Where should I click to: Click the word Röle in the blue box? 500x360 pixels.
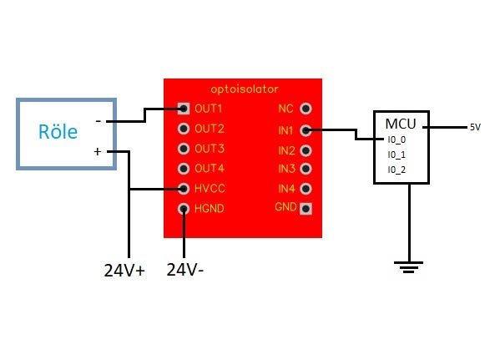pos(58,131)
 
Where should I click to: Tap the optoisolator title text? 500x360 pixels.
pos(245,89)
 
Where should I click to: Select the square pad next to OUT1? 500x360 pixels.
pos(184,109)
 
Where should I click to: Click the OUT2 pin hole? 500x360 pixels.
pos(184,129)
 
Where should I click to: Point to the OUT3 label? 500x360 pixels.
pos(210,149)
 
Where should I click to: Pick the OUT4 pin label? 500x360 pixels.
pos(210,169)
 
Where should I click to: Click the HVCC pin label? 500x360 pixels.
pos(210,189)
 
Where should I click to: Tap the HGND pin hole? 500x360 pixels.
pos(184,209)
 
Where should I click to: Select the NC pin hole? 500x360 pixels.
pos(306,109)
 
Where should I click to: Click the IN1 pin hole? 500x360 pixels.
pos(306,130)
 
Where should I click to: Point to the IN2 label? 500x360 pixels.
pos(286,150)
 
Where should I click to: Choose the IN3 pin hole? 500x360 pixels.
pos(306,169)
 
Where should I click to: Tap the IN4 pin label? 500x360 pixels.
pos(286,189)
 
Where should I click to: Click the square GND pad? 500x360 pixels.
pos(306,209)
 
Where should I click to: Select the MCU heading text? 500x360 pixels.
pos(401,124)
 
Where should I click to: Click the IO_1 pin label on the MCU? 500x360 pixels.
pos(396,155)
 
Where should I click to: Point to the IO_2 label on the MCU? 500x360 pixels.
pos(396,170)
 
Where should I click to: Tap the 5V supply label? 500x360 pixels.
pos(475,127)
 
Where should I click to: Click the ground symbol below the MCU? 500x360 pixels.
pos(408,267)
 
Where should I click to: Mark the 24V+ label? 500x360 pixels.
pos(124,271)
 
